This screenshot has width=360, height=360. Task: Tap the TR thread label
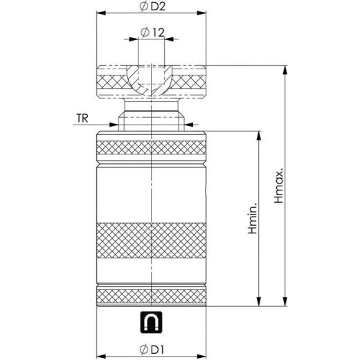point(81,119)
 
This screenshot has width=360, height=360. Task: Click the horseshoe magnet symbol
point(151,321)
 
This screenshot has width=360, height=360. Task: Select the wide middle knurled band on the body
point(152,240)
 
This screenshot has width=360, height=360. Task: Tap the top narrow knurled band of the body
point(152,147)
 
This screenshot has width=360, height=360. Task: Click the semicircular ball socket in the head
point(151,78)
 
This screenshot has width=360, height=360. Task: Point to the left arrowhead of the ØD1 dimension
point(100,350)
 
